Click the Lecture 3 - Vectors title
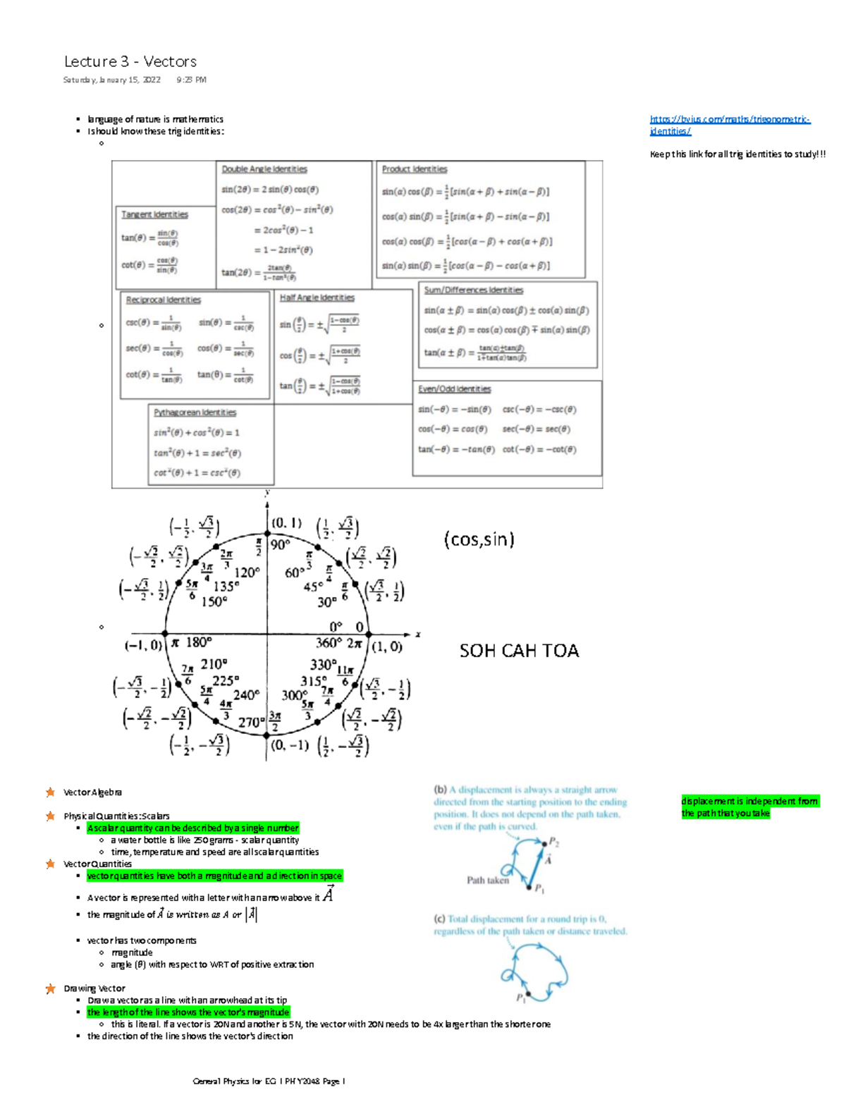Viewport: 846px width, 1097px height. click(130, 62)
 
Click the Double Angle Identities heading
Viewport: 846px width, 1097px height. click(264, 169)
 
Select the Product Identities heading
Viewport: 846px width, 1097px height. click(415, 169)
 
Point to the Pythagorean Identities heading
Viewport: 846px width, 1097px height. click(195, 412)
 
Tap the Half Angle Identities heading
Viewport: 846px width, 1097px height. click(317, 298)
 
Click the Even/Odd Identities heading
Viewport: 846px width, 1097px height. click(454, 389)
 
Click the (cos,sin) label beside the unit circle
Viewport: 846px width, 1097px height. click(479, 539)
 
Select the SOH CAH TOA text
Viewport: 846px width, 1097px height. click(519, 651)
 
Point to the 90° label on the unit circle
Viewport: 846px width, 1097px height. click(280, 544)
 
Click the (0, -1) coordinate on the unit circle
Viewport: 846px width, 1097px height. click(289, 745)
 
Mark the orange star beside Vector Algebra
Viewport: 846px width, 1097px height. click(50, 792)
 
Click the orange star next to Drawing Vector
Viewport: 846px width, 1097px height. click(50, 988)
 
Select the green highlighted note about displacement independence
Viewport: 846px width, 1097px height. click(749, 807)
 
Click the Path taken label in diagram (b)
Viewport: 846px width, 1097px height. click(487, 880)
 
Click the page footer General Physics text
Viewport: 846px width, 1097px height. click(269, 1081)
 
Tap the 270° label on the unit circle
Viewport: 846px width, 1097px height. click(250, 723)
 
